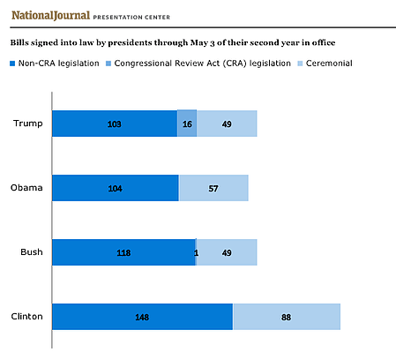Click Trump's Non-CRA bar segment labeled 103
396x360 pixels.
coord(115,124)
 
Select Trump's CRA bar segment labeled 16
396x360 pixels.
coord(187,124)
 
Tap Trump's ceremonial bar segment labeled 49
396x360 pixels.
coord(227,124)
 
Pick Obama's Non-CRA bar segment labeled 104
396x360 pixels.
coord(116,188)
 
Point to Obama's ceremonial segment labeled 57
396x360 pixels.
coord(213,188)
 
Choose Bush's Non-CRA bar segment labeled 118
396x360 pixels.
coord(123,252)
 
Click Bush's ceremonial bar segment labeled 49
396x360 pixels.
coord(227,252)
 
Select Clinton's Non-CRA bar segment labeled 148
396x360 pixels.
coord(142,317)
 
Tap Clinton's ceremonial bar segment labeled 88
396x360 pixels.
coord(287,317)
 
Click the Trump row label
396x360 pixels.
coord(28,124)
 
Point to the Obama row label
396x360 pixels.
coord(26,188)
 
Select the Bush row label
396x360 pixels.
coord(32,252)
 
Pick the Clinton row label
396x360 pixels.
coord(26,317)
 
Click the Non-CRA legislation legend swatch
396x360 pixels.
coord(12,64)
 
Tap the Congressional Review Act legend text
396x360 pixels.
coord(202,64)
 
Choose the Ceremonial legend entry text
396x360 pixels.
coord(329,64)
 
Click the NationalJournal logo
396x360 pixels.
coord(50,15)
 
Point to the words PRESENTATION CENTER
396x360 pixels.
coord(131,18)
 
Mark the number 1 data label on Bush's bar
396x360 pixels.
coord(196,252)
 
